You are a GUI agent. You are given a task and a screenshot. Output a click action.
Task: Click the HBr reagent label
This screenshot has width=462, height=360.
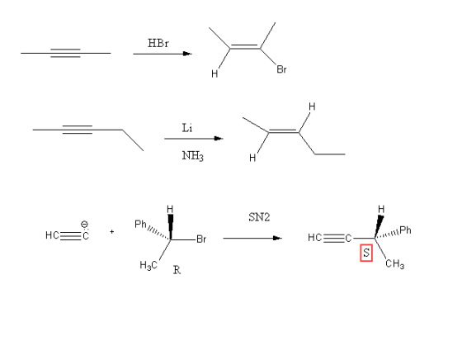158,43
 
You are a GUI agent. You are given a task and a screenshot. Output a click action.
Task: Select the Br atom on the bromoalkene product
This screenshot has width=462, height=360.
281,69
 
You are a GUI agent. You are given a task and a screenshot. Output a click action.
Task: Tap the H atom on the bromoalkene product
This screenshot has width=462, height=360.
214,73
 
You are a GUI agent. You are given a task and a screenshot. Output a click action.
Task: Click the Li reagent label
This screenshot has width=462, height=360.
187,128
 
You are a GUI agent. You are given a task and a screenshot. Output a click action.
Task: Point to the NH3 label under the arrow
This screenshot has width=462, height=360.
193,156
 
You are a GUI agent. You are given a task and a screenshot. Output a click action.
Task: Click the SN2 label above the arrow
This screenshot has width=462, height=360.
259,217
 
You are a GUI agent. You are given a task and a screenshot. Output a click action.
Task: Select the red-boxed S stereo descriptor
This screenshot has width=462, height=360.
366,253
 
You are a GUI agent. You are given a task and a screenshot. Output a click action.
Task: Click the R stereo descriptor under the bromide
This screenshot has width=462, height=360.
177,269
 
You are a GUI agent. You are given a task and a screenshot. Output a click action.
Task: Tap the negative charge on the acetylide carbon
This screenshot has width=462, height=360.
84,225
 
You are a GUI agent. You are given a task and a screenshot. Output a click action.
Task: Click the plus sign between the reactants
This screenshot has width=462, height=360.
111,232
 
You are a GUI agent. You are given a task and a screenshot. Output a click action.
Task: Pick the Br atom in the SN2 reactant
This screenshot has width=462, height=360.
201,239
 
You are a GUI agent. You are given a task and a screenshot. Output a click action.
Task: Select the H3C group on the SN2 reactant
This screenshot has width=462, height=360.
148,265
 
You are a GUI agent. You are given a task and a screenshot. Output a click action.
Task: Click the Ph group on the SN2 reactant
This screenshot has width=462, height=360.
140,225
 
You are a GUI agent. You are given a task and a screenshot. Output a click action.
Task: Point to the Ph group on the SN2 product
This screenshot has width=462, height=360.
405,230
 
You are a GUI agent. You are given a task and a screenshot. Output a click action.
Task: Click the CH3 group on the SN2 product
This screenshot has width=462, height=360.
395,263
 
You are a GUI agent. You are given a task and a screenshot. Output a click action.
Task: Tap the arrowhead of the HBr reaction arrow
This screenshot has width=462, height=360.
187,54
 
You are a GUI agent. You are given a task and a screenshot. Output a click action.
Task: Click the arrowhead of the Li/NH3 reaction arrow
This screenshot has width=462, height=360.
219,138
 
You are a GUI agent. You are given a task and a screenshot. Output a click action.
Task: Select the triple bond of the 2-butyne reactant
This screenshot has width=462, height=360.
65,53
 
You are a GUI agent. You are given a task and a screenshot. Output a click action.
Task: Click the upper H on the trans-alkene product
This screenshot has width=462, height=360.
312,107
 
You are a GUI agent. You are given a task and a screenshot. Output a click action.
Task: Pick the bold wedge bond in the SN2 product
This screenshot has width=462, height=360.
379,226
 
